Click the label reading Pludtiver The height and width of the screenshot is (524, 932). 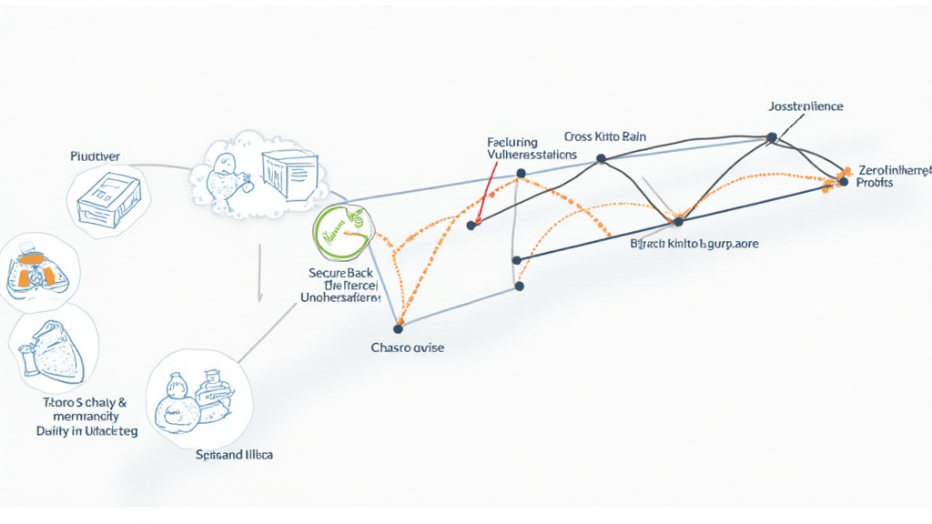(x=95, y=156)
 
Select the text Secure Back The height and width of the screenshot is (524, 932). (x=340, y=272)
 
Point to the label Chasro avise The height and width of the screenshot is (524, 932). (x=407, y=348)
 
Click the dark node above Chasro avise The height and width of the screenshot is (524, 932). (x=398, y=327)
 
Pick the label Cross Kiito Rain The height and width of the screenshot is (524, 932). (x=604, y=136)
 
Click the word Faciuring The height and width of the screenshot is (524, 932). (x=512, y=143)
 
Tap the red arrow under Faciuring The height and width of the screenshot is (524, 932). (x=483, y=196)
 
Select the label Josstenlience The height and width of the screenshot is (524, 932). (x=805, y=106)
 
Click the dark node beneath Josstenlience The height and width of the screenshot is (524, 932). (x=772, y=137)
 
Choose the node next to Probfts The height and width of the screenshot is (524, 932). (x=844, y=182)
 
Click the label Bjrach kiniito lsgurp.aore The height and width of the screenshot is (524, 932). (x=694, y=244)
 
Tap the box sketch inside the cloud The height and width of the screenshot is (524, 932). (x=289, y=175)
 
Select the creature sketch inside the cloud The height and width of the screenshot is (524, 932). (x=221, y=177)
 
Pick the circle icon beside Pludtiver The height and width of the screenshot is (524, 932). (x=108, y=200)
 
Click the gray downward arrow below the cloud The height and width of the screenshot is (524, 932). (x=260, y=273)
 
